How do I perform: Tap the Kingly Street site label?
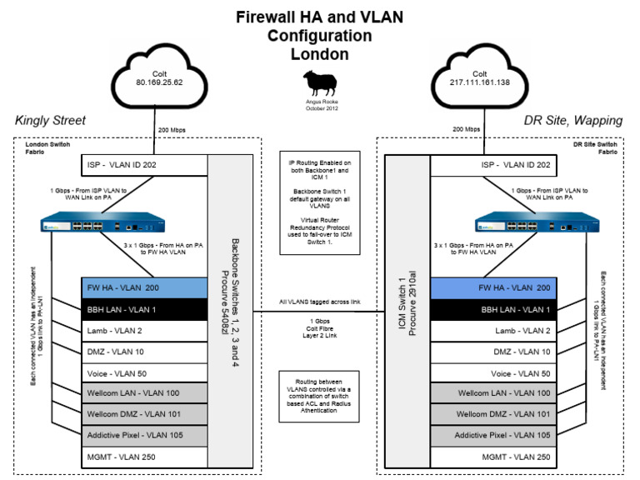pyautogui.click(x=50, y=121)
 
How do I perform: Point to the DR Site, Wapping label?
pyautogui.click(x=573, y=121)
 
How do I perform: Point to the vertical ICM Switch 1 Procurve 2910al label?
pyautogui.click(x=408, y=308)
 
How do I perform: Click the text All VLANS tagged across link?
pyautogui.click(x=320, y=302)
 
